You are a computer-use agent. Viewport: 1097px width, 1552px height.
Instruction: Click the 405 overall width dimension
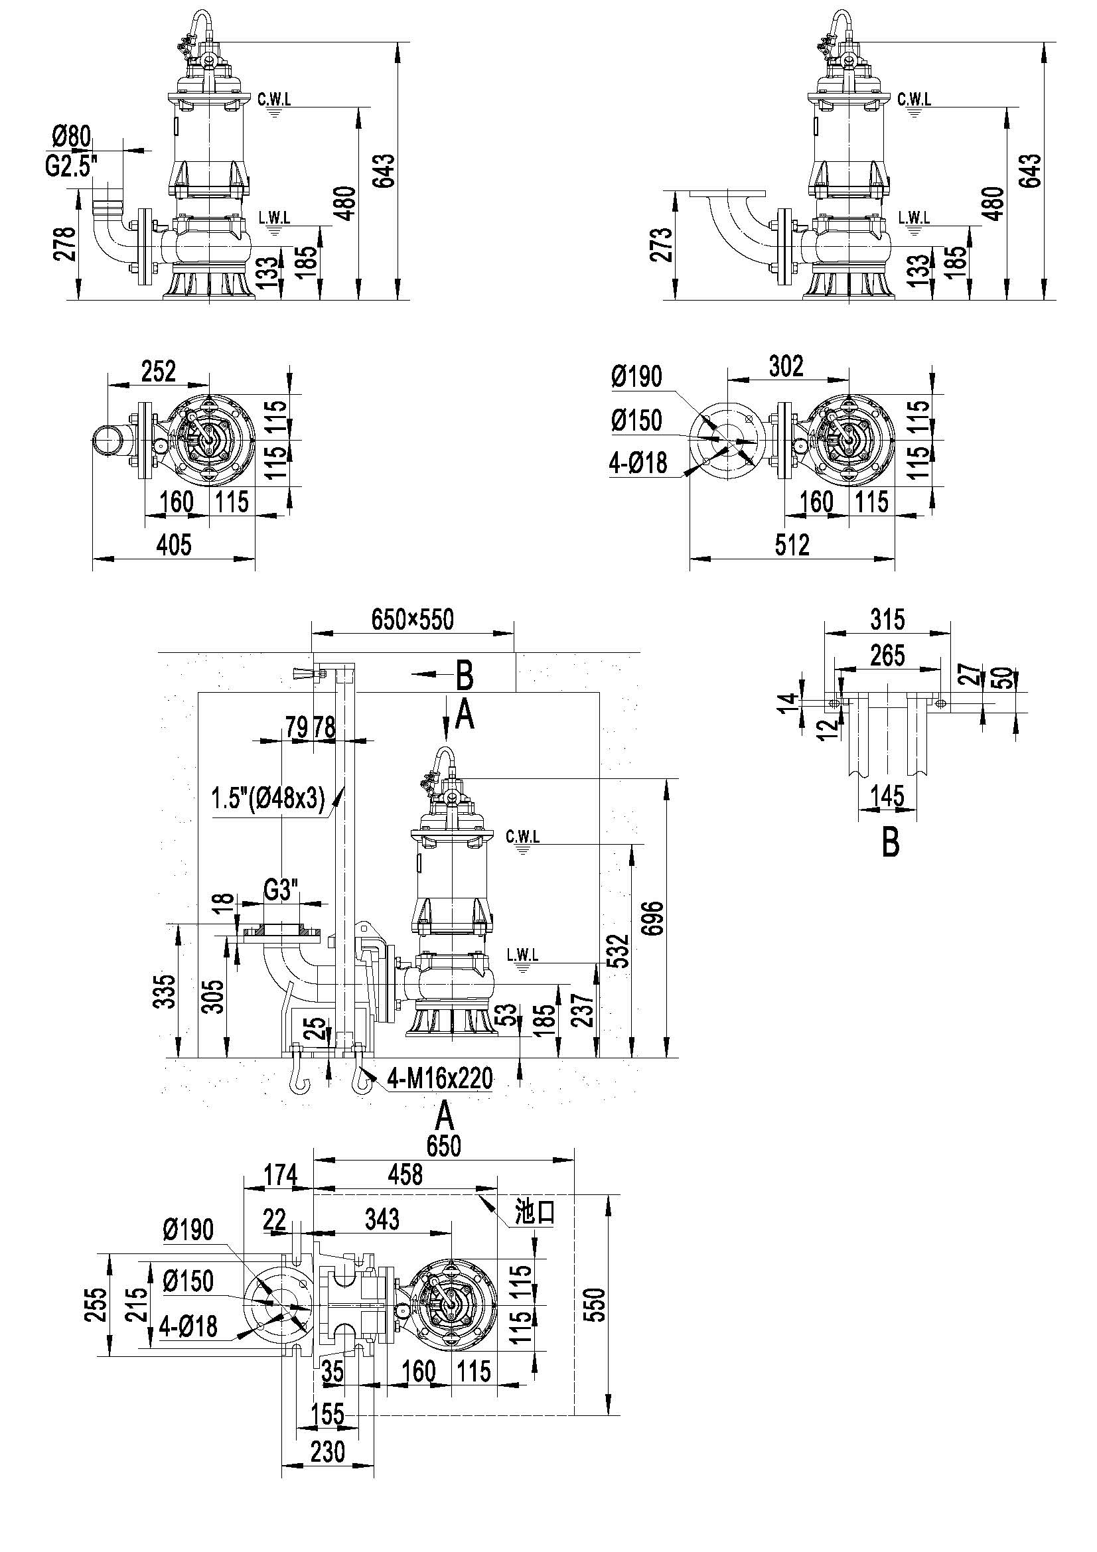(175, 545)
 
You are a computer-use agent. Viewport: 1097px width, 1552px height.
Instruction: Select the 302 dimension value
(787, 366)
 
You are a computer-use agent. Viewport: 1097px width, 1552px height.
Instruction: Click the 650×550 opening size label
(412, 619)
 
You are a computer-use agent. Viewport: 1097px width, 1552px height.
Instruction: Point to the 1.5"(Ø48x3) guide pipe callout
(268, 799)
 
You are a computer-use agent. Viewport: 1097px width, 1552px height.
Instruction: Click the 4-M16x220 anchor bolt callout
(439, 1078)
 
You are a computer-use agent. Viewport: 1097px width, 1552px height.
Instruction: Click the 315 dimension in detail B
(887, 619)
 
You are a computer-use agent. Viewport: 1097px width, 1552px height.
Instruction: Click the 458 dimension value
(405, 1175)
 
